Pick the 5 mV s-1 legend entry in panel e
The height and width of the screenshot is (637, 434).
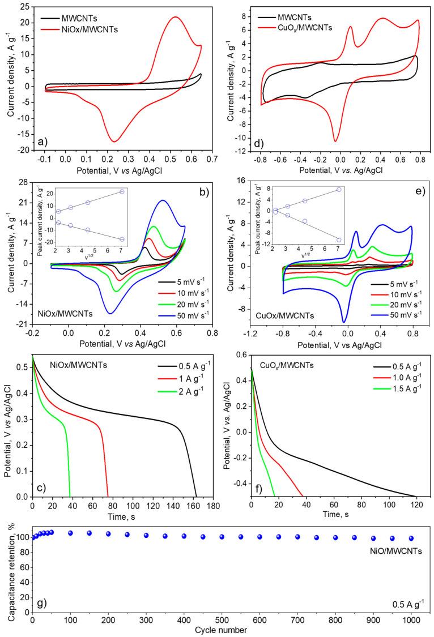[x=394, y=284]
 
